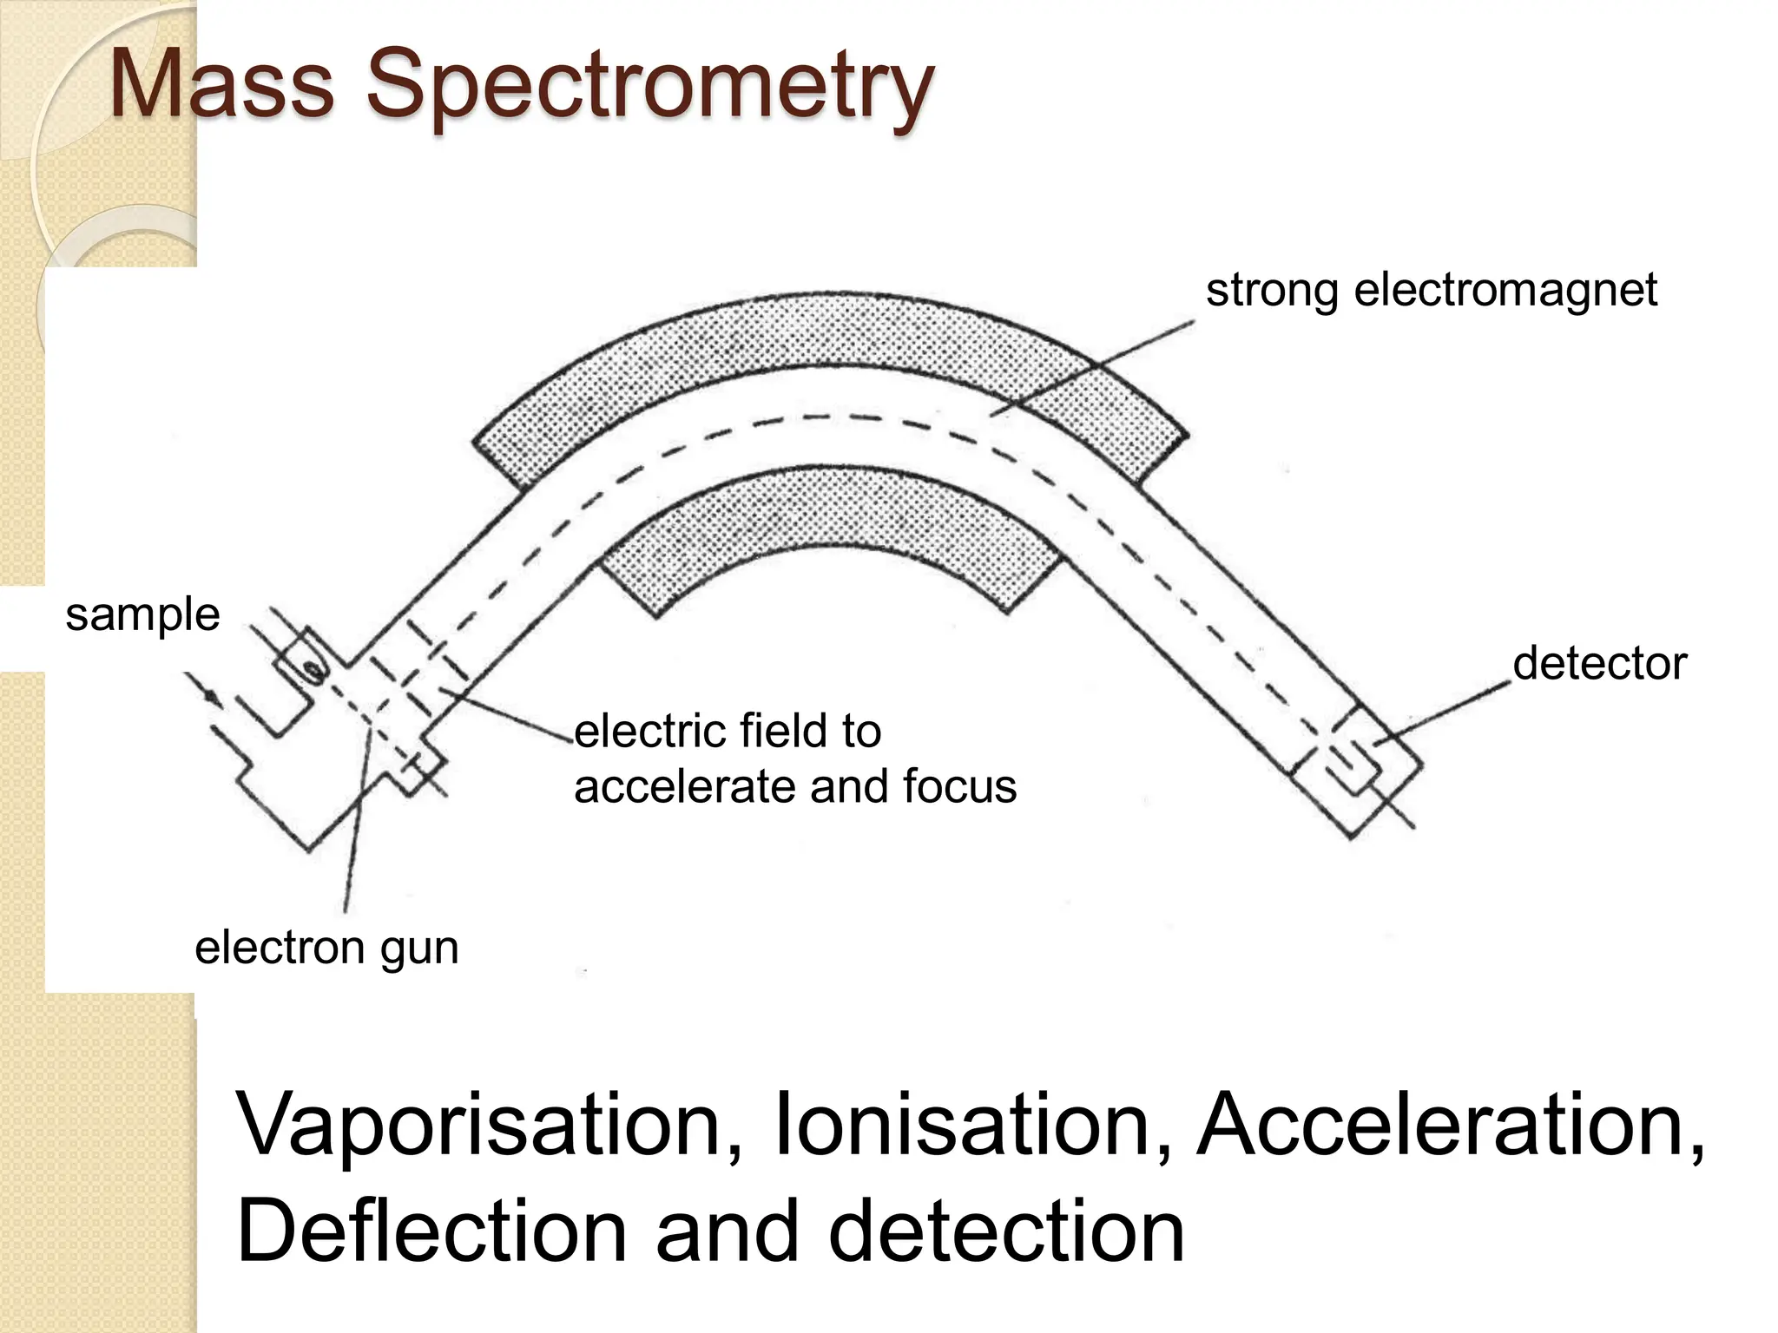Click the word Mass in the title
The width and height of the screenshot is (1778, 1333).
pyautogui.click(x=222, y=85)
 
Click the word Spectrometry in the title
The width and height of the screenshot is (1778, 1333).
pyautogui.click(x=649, y=87)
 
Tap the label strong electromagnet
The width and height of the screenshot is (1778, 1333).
pyautogui.click(x=1431, y=290)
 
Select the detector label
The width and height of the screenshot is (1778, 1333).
pyautogui.click(x=1599, y=664)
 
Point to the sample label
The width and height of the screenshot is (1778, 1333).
pyautogui.click(x=142, y=615)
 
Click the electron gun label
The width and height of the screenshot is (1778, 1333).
pyautogui.click(x=326, y=947)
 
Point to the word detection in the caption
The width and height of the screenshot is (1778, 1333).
pyautogui.click(x=1006, y=1231)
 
